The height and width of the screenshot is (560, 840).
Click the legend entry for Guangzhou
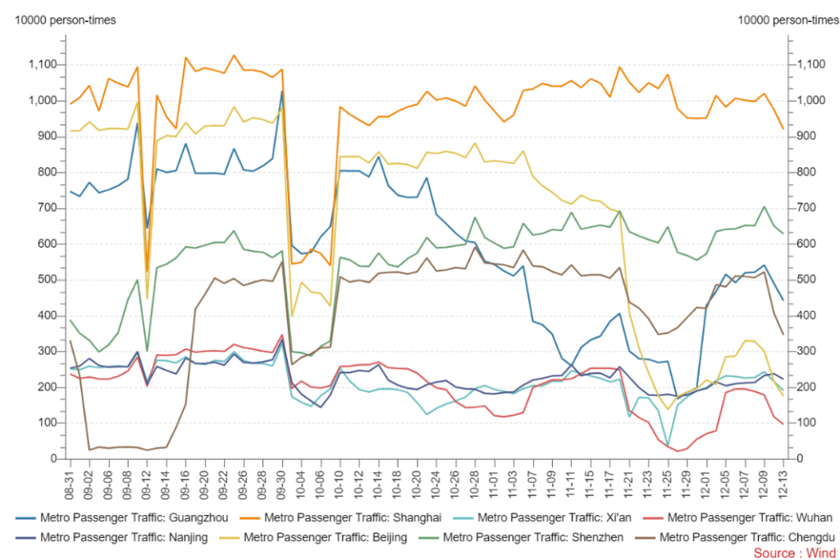point(124,517)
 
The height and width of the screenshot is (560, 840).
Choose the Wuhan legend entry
point(742,517)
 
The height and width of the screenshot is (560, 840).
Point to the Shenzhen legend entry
point(525,538)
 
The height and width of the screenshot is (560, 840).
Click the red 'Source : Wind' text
point(789,553)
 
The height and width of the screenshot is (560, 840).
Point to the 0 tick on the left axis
point(50,459)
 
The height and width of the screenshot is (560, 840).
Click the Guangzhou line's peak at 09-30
point(282,91)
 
